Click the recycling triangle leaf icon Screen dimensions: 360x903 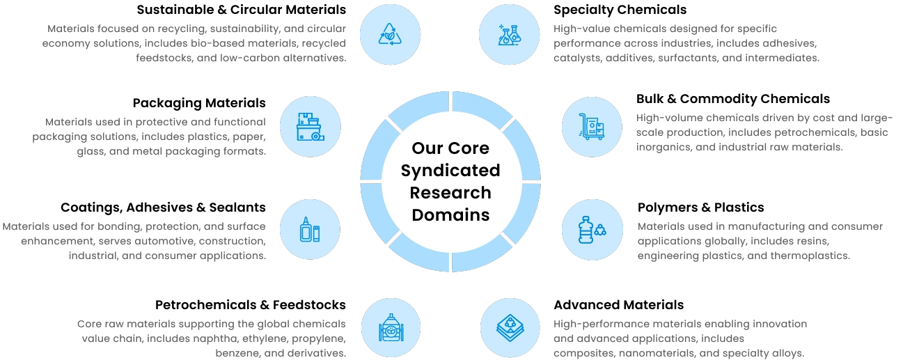pos(390,33)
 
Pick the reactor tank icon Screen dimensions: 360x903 pos(390,327)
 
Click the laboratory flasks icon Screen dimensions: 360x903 pos(510,33)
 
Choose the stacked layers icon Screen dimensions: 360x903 pos(510,327)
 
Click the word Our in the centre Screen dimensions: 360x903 pos(425,148)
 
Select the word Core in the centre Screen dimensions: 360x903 pos(470,148)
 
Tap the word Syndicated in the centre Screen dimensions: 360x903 pos(450,171)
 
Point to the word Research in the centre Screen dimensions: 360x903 pos(450,193)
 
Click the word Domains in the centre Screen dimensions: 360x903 pos(450,214)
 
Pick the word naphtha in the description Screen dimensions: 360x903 pos(182,339)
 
